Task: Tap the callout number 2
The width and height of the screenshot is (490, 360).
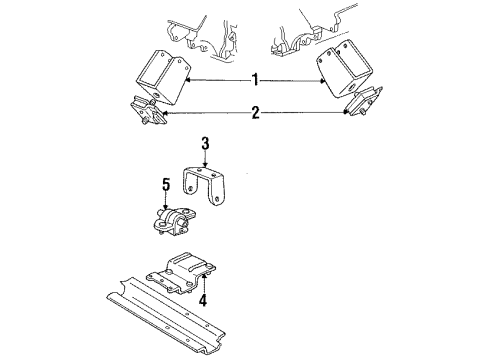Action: (x=255, y=115)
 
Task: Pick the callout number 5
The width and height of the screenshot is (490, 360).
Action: (x=167, y=183)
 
